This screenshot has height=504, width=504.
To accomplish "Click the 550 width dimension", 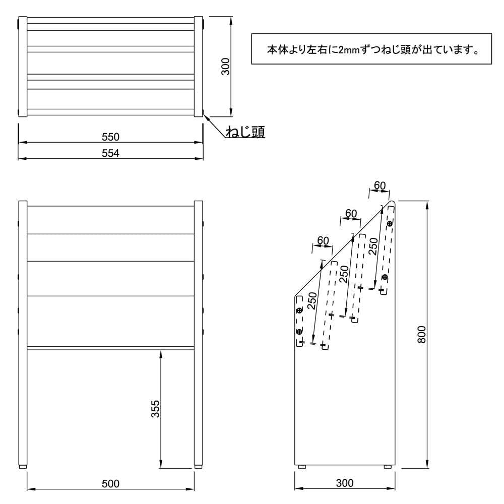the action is [x=110, y=137].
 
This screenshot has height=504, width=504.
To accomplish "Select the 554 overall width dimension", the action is [x=110, y=153].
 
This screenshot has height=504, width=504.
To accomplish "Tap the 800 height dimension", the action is [x=422, y=334].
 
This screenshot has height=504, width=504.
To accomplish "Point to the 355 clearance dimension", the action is [x=155, y=409].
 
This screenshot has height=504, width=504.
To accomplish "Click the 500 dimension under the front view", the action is [x=110, y=484].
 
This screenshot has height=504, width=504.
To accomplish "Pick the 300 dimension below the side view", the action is [x=345, y=483].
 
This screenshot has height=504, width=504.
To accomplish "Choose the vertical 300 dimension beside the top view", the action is [x=226, y=66].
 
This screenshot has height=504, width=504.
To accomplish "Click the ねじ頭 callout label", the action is [x=245, y=132].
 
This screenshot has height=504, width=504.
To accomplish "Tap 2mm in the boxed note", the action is [x=348, y=50].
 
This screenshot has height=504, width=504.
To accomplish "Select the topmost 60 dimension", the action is [x=380, y=185].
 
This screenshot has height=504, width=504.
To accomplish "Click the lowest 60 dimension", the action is [x=323, y=240].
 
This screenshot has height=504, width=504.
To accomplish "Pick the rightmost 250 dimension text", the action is [x=373, y=247].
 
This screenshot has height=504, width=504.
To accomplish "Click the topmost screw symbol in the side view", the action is [x=390, y=223].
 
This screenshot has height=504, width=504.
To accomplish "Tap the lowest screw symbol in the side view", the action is [x=299, y=331].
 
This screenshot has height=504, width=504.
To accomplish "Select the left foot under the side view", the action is [x=302, y=467].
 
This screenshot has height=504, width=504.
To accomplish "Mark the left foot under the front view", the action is [x=23, y=467].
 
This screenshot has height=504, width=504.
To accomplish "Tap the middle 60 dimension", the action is [x=351, y=213].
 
